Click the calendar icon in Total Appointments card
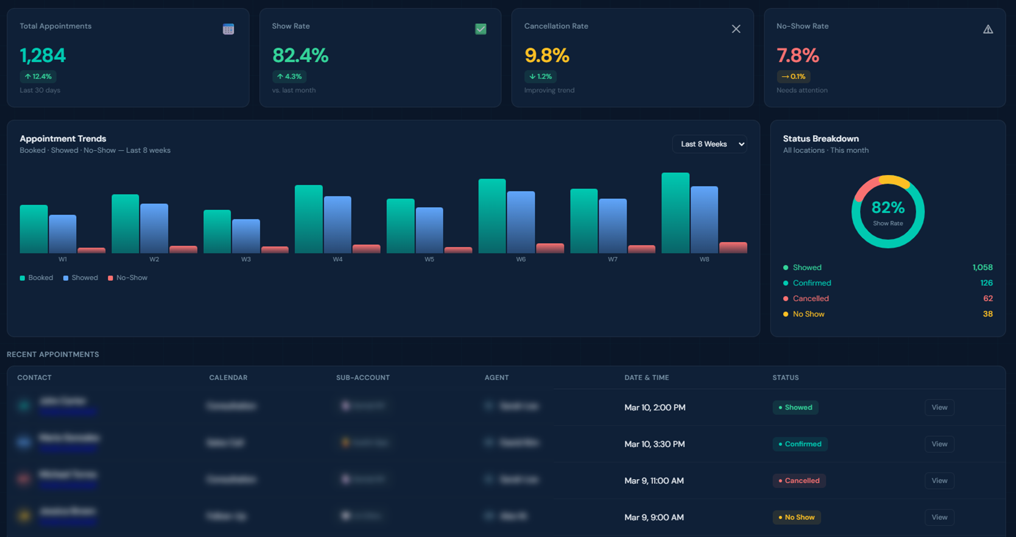click(x=228, y=29)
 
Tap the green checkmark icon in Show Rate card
click(x=481, y=29)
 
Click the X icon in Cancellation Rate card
click(x=736, y=29)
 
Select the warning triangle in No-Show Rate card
click(x=988, y=29)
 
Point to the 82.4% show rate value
click(x=300, y=55)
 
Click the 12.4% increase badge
click(x=38, y=77)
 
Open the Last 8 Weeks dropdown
click(x=709, y=144)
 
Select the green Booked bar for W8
click(x=675, y=213)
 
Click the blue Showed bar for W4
click(x=337, y=225)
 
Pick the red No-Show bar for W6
click(x=550, y=248)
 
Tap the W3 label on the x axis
click(x=246, y=260)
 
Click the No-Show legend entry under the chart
click(x=128, y=278)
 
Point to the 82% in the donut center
click(x=887, y=208)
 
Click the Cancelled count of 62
click(x=988, y=299)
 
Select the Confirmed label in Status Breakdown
click(x=811, y=283)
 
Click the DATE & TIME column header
click(x=646, y=378)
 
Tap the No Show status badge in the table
click(x=796, y=518)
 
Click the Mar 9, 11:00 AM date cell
click(x=654, y=481)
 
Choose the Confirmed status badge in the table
click(x=800, y=445)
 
